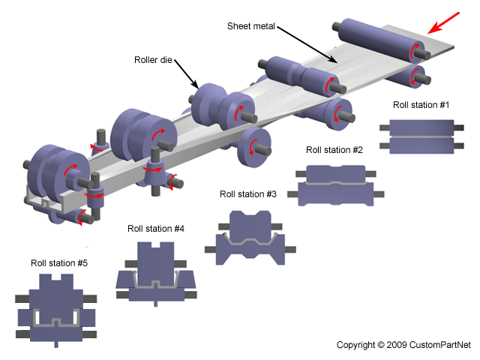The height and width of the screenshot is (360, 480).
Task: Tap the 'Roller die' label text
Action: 154,60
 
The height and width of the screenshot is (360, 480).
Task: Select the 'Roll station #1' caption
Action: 420,104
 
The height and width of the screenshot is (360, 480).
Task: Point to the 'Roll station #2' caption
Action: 334,150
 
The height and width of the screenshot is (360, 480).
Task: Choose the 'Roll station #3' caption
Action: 248,193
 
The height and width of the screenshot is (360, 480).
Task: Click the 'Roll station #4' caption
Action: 156,229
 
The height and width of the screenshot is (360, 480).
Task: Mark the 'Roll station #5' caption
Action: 59,263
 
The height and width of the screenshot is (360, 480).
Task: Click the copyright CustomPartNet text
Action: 403,345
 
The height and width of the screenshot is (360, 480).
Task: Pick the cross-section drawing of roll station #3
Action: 248,237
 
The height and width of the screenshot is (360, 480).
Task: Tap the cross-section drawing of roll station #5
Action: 57,310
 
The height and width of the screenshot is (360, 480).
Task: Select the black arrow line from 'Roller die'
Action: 187,76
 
